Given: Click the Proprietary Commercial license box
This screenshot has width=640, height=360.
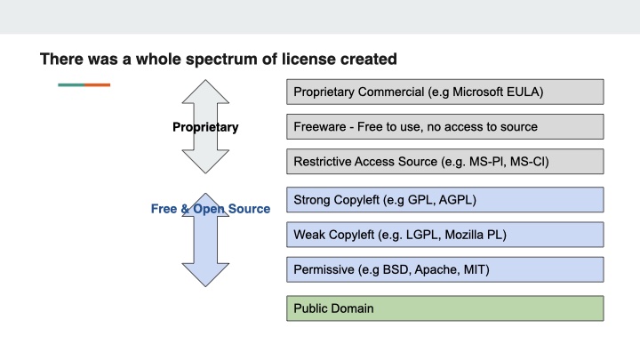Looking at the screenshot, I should point(444,92).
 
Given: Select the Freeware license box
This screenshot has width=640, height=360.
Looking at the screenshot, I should point(444,127).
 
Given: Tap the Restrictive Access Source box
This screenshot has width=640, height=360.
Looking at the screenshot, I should point(444,162).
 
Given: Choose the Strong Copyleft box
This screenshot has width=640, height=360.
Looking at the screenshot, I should point(444,200).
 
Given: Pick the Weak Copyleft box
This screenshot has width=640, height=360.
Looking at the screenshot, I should point(444,235).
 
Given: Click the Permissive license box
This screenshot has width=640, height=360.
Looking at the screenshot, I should point(444,269).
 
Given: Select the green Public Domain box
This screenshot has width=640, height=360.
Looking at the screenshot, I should point(444,308).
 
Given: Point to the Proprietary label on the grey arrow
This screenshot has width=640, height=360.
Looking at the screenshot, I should point(205,127).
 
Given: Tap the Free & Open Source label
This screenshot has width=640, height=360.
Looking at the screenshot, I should point(211,209).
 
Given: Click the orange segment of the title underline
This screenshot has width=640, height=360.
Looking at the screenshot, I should point(98,84).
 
